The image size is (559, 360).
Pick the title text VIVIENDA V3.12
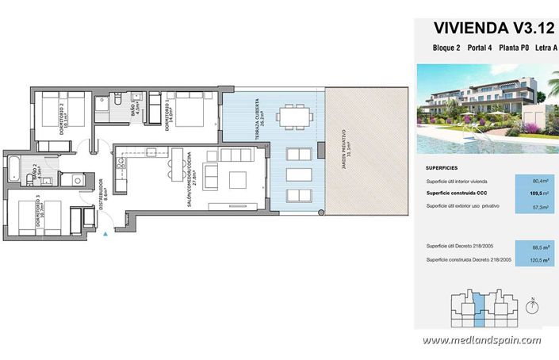pos(481,28)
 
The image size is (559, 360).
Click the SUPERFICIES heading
pos(446,167)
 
